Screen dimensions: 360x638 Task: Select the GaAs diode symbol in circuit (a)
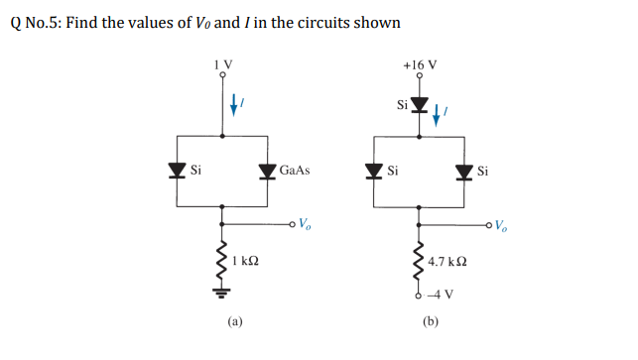click(267, 171)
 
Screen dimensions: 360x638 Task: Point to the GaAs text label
click(295, 171)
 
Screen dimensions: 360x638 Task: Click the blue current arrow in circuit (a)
click(233, 101)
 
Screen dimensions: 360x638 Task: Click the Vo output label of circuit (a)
click(309, 221)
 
